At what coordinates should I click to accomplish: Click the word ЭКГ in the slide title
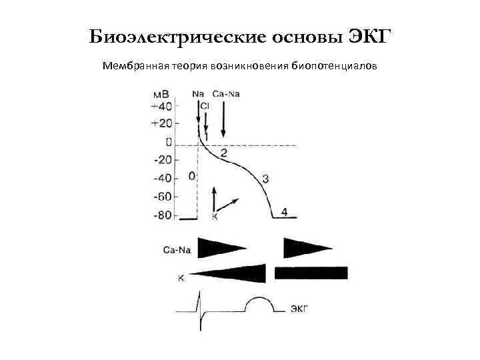[367, 35]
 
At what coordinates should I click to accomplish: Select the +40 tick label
[161, 106]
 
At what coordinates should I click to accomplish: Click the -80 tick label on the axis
[162, 215]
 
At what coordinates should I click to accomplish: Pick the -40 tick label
[162, 178]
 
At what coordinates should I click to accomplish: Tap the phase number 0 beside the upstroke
[192, 176]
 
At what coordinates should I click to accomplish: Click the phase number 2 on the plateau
[223, 153]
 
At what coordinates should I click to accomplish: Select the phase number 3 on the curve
[265, 178]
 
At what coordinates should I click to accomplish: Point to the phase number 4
[285, 212]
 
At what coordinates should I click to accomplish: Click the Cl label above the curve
[205, 105]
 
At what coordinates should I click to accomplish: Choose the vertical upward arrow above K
[213, 198]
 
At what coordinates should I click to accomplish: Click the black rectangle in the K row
[311, 273]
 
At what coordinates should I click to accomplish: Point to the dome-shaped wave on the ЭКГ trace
[260, 305]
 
